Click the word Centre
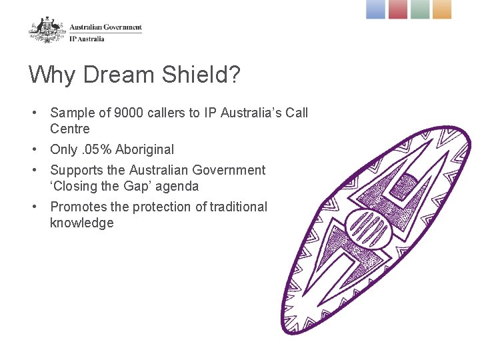pos(69,129)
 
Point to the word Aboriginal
pos(145,149)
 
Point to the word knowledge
pos(81,223)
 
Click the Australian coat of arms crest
pos(47,29)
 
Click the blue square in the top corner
pos(376,9)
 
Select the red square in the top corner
pos(398,9)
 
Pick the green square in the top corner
pos(420,9)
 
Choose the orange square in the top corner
pos(442,9)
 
